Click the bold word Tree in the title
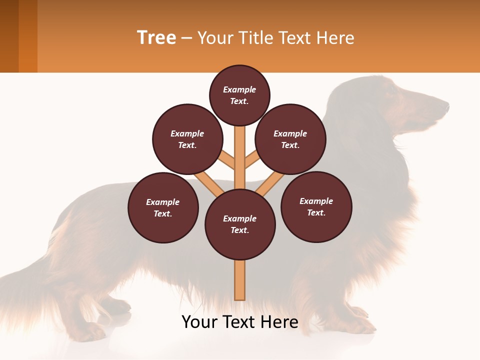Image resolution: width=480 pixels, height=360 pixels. [x=156, y=37]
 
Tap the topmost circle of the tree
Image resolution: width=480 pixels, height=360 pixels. [x=239, y=95]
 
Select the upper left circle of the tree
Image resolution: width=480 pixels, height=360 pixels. [x=187, y=139]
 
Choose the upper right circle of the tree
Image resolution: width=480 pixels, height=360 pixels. [x=290, y=139]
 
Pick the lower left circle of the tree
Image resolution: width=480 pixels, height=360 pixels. [x=163, y=207]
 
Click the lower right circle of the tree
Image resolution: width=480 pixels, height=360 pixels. [x=316, y=206]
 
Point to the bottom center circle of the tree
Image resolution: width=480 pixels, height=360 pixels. [x=240, y=224]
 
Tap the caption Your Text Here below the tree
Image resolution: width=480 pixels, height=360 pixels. [x=240, y=322]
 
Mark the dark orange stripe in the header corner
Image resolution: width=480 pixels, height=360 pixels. [x=28, y=36]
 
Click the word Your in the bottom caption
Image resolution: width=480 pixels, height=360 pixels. [x=199, y=322]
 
